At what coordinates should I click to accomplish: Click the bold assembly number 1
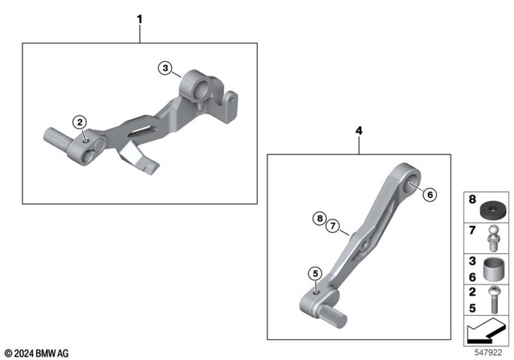coord(141,17)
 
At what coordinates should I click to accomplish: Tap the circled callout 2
coord(80,122)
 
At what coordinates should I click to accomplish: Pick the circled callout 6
coord(428,194)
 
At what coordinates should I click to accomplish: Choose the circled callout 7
coord(332,227)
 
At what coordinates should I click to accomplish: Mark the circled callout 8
coord(319,218)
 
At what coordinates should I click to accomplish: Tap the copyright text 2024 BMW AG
coord(36,353)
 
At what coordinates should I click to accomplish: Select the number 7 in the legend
coord(473,231)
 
